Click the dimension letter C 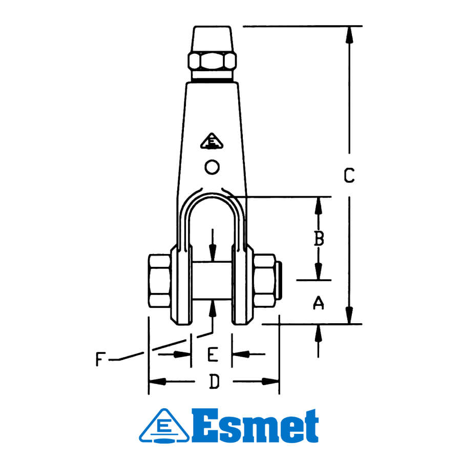(x=349, y=176)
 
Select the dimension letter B (x=319, y=239)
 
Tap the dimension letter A (x=319, y=303)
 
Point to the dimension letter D (x=214, y=382)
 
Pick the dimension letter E (x=212, y=353)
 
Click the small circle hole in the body (x=212, y=166)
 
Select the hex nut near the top (x=212, y=62)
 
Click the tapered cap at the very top (x=212, y=38)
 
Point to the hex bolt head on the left (x=159, y=281)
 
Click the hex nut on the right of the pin (x=265, y=281)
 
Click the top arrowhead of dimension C (x=349, y=33)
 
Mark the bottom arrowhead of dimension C (x=349, y=317)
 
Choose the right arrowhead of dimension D (x=271, y=382)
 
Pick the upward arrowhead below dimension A (x=319, y=332)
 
